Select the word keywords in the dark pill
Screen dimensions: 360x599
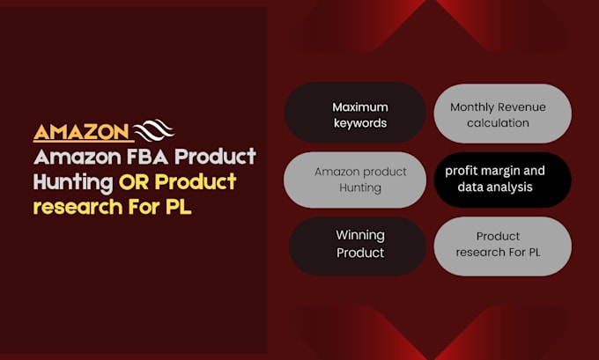359,123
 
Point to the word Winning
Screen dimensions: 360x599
359,235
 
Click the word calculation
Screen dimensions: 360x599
498,123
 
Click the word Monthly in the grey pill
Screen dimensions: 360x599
473,107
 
